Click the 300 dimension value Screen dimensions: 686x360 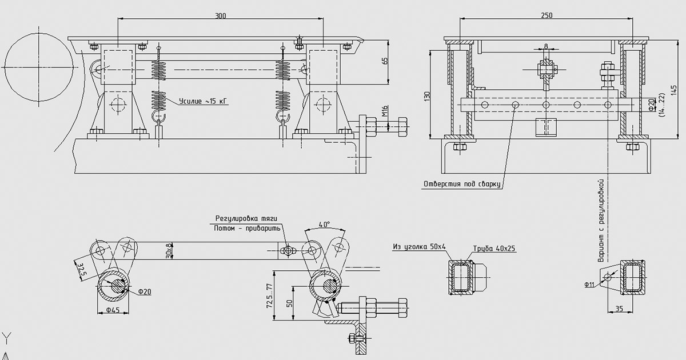tap(220, 15)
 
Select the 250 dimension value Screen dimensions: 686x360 tap(547, 15)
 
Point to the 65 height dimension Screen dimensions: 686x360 tap(385, 61)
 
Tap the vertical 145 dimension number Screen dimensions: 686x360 tap(673, 90)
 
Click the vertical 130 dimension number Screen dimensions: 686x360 tap(428, 96)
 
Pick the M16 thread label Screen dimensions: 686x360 tap(385, 111)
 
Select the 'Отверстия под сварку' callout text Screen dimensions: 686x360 tap(462, 184)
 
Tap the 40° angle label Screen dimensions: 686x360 tap(324, 225)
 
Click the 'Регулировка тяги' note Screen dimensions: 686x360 tap(246, 218)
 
